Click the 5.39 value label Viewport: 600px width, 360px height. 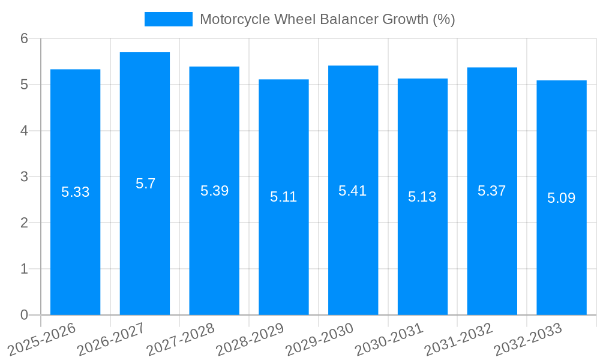[x=214, y=191]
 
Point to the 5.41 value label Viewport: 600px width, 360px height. [x=353, y=191]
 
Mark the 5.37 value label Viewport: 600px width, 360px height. [x=492, y=191]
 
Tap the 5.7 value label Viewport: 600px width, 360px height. [x=145, y=184]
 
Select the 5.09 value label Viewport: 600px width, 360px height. [x=562, y=198]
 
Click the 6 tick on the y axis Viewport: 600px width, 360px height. [x=25, y=38]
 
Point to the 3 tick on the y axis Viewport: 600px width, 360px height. [x=25, y=177]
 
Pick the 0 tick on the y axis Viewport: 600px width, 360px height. [x=25, y=315]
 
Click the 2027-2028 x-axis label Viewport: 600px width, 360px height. [x=181, y=339]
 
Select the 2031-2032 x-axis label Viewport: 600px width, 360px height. [x=458, y=339]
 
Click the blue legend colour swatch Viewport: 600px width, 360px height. [x=169, y=19]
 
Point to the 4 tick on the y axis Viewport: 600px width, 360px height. [x=25, y=131]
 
